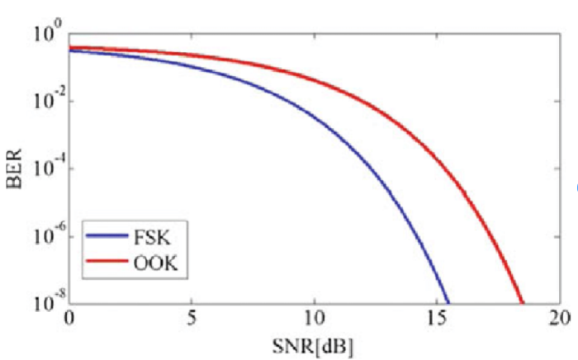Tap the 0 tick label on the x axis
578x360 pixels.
pyautogui.click(x=69, y=319)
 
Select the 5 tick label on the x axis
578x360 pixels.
pyautogui.click(x=192, y=319)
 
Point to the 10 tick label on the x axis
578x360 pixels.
pyautogui.click(x=314, y=319)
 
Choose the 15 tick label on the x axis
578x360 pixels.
pyautogui.click(x=436, y=319)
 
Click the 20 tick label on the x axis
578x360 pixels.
pyautogui.click(x=558, y=319)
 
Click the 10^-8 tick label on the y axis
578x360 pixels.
pyautogui.click(x=49, y=303)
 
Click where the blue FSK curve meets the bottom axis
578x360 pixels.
pyautogui.click(x=448, y=302)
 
